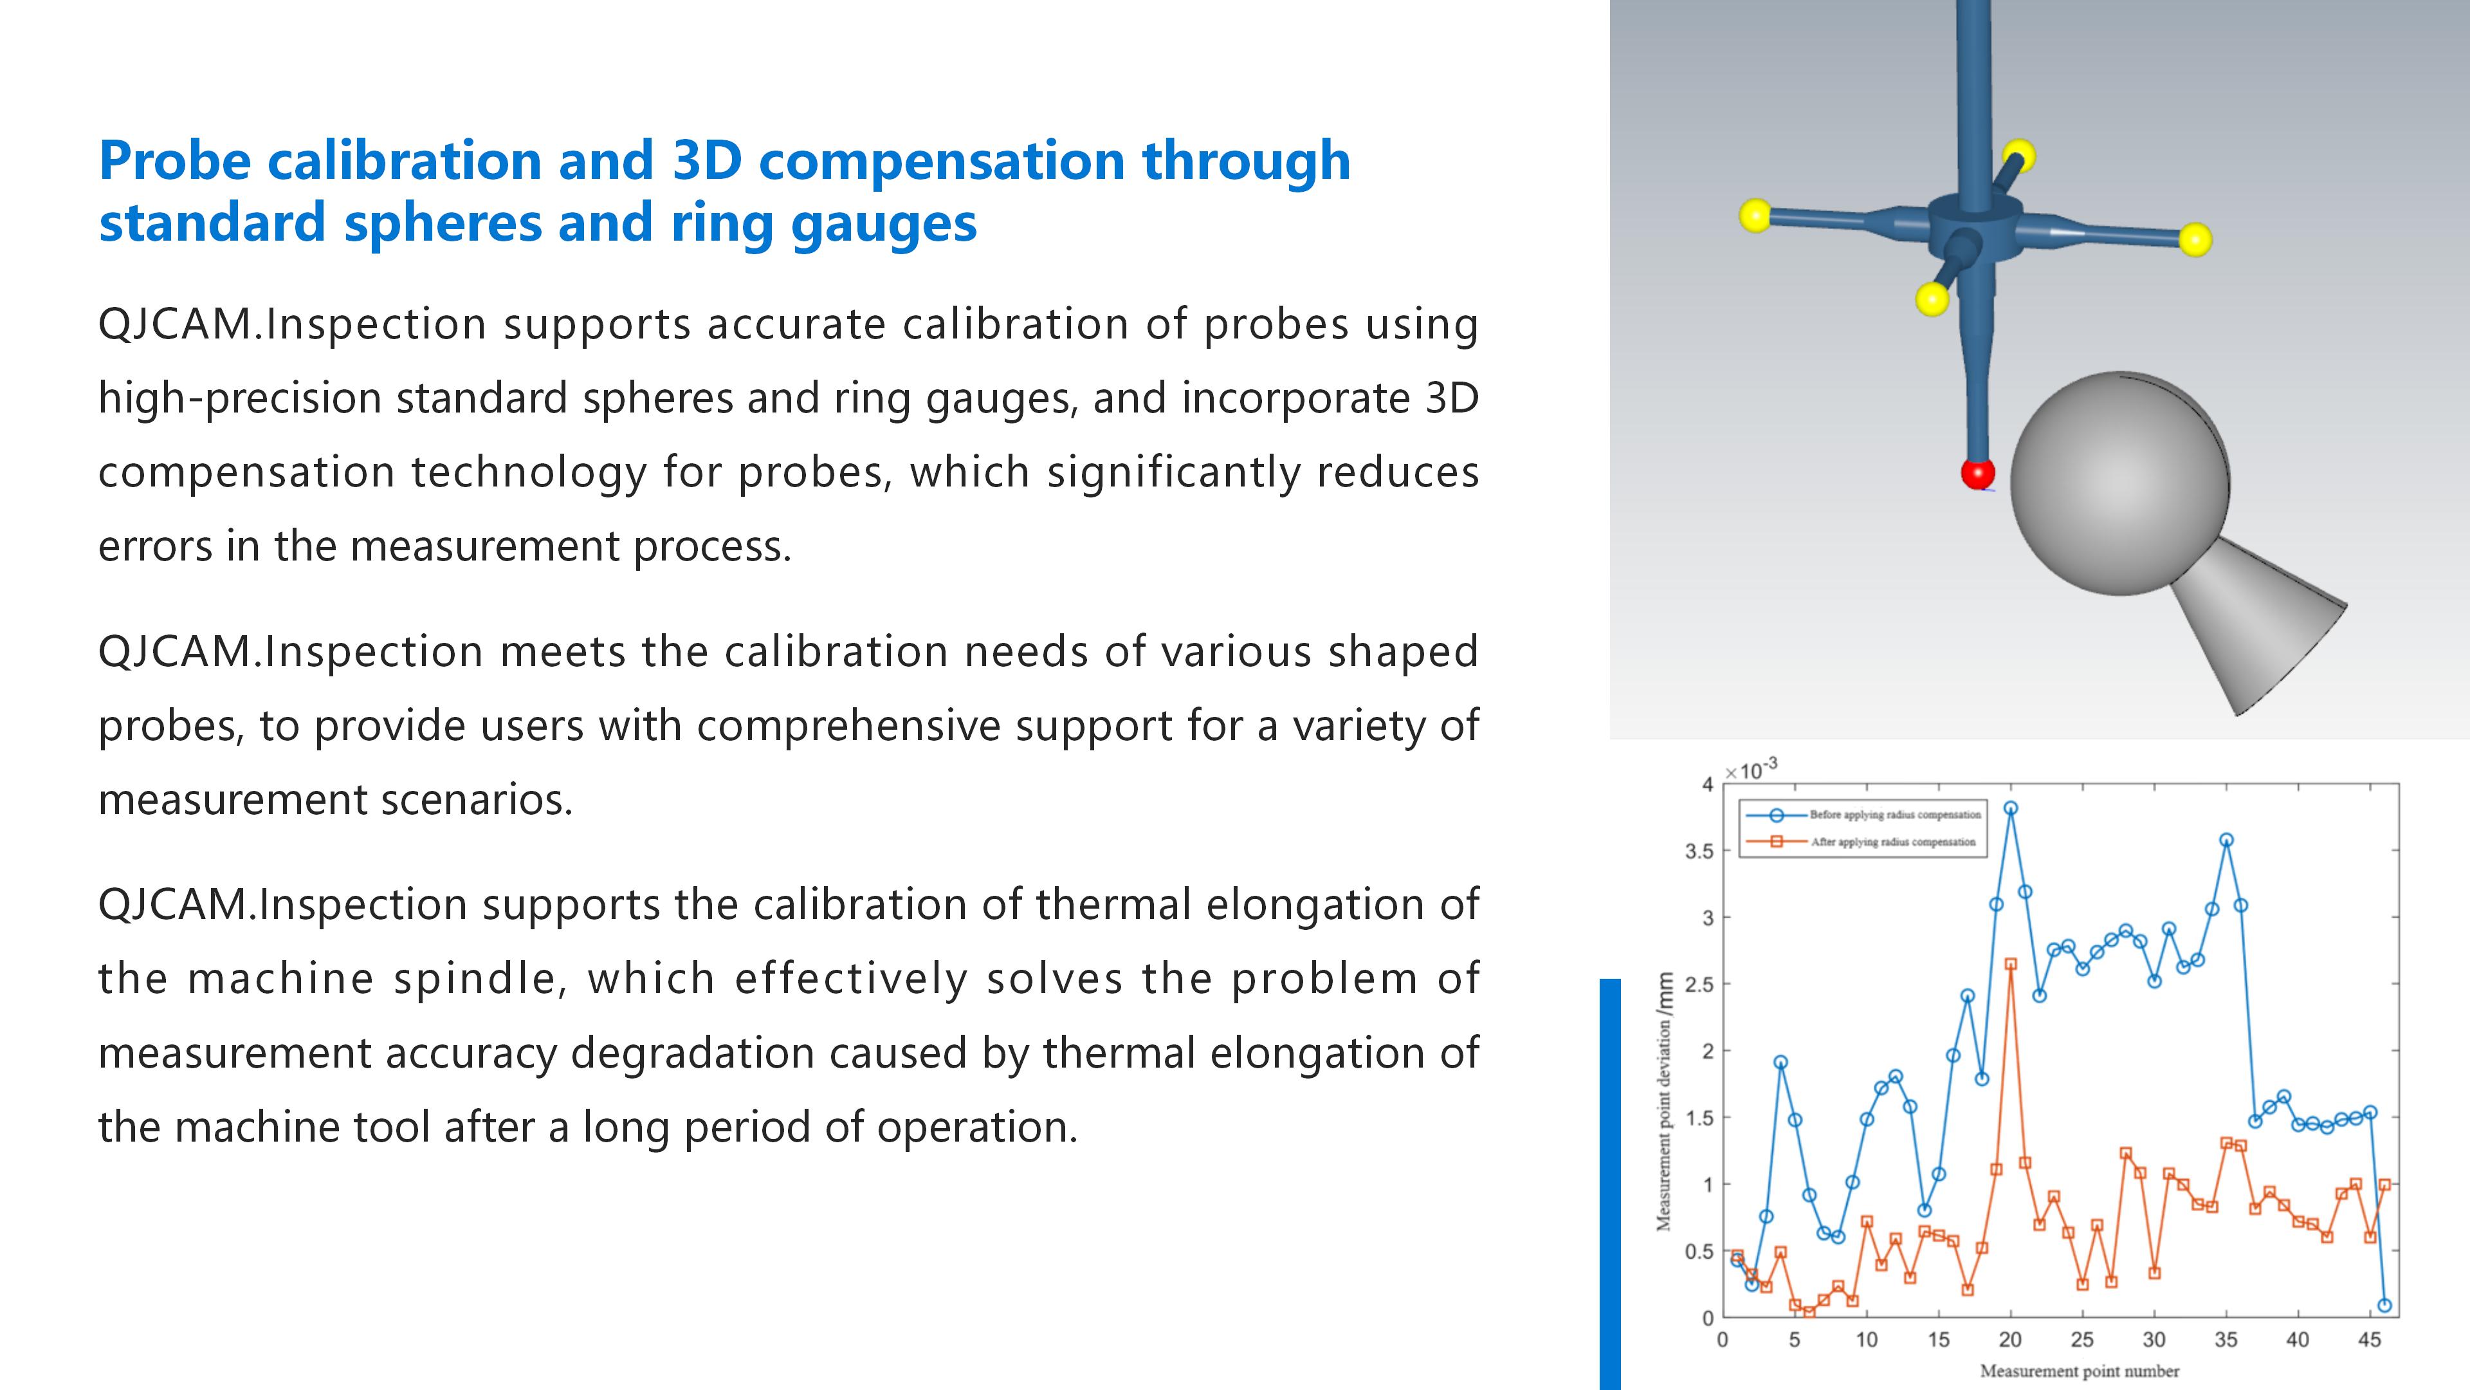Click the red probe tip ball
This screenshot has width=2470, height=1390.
tap(1977, 473)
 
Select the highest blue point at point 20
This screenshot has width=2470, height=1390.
tap(2011, 808)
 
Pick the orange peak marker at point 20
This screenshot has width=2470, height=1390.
tap(2011, 964)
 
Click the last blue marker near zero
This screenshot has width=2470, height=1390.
tap(2384, 1304)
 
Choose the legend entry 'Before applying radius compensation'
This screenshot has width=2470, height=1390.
tap(1863, 815)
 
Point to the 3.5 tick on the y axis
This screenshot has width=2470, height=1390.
tap(1699, 851)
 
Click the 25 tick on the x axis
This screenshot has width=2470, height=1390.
tap(2081, 1339)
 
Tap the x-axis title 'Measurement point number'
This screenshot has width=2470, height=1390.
tap(2080, 1371)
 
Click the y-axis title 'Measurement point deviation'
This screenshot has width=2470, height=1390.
tap(1665, 1101)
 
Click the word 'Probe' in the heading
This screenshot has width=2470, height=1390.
tap(174, 161)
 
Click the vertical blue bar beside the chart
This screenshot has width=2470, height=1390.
tap(1610, 1184)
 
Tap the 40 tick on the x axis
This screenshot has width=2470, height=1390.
tap(2298, 1339)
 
